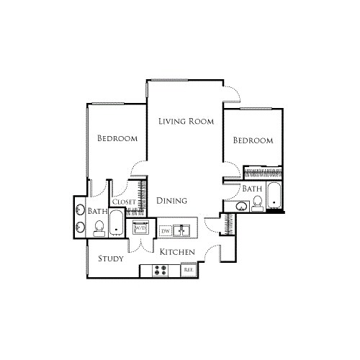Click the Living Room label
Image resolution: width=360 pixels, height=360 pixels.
[186, 122]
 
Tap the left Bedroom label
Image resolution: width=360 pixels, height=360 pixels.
[117, 138]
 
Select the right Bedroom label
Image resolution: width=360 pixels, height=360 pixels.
[253, 140]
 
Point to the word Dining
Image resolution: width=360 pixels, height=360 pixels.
[172, 201]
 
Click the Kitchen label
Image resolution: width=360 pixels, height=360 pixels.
[177, 252]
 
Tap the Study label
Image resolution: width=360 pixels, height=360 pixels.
[109, 258]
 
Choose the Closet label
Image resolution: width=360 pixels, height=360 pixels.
[124, 202]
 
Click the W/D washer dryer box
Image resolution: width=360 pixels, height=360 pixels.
[139, 229]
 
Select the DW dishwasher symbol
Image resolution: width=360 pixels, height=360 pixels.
[165, 230]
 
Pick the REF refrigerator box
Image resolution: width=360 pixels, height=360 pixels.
[189, 269]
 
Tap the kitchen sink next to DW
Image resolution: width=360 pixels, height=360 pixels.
[183, 230]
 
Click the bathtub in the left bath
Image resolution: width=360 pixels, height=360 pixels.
[117, 225]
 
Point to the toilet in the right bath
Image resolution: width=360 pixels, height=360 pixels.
[257, 204]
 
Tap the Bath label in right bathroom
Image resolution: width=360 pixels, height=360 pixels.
[252, 189]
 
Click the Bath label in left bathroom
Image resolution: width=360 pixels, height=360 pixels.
[97, 212]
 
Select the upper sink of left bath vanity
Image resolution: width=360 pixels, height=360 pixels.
[80, 212]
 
